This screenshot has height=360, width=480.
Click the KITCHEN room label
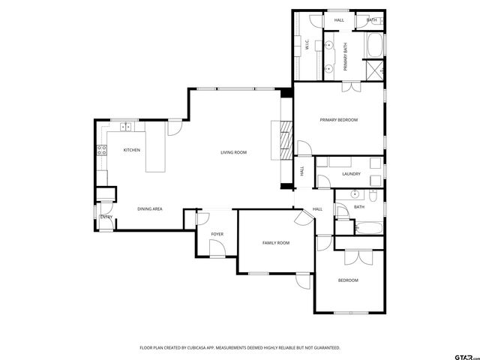pyautogui.click(x=132, y=150)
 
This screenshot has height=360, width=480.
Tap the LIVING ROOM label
pyautogui.click(x=233, y=152)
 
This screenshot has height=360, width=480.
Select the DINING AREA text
pyautogui.click(x=150, y=208)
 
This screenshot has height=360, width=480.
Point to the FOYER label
pyautogui.click(x=217, y=235)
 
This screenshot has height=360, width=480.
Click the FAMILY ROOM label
pyautogui.click(x=275, y=243)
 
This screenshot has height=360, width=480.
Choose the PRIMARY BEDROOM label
pyautogui.click(x=338, y=120)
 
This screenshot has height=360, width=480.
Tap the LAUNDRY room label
pyautogui.click(x=351, y=174)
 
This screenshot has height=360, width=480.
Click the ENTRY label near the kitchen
pyautogui.click(x=106, y=217)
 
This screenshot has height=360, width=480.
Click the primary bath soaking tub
pyautogui.click(x=373, y=46)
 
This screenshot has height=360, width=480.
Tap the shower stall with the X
pyautogui.click(x=374, y=71)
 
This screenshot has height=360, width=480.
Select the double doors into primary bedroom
pyautogui.click(x=351, y=87)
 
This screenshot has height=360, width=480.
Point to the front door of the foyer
pyautogui.click(x=216, y=253)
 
